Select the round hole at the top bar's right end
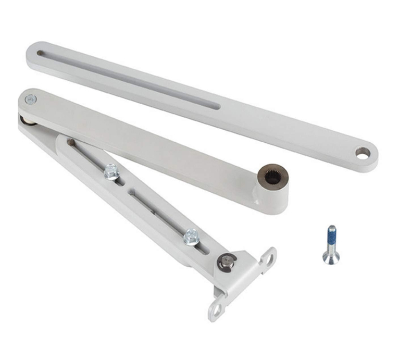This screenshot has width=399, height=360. pyautogui.click(x=363, y=153)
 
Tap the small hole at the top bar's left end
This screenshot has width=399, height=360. pyautogui.click(x=40, y=53)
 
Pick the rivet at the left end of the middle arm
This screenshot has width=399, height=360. pyautogui.click(x=31, y=98)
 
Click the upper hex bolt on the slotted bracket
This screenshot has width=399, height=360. pyautogui.click(x=111, y=171)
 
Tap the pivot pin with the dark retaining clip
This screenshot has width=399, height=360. pyautogui.click(x=227, y=262)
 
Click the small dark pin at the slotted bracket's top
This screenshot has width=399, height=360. pyautogui.click(x=70, y=142)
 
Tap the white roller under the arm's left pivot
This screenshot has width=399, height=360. pyautogui.click(x=24, y=121)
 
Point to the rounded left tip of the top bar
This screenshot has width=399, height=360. pyautogui.click(x=30, y=52)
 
